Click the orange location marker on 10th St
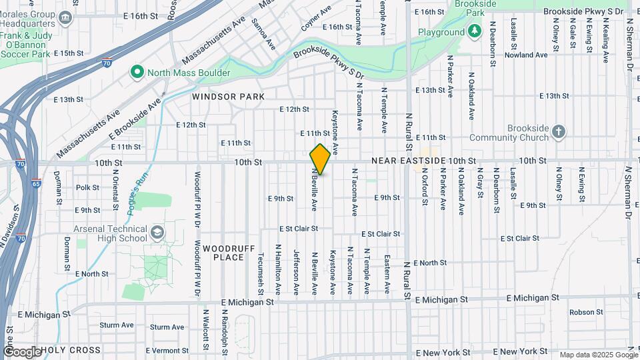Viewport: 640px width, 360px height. (x=320, y=159)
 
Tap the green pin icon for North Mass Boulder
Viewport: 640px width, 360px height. (x=137, y=72)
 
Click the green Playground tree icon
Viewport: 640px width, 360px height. (x=474, y=31)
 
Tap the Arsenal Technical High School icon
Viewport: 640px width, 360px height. (x=157, y=233)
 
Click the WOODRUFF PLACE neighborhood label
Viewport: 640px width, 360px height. (x=229, y=253)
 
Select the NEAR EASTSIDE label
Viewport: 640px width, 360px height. (x=408, y=161)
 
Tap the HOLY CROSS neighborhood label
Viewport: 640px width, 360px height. (x=71, y=350)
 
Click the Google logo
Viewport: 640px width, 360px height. (x=22, y=351)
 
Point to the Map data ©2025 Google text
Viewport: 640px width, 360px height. (x=598, y=355)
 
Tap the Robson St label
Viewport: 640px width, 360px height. (x=586, y=312)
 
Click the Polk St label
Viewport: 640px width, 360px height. (x=87, y=188)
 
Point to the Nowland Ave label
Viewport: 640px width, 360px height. (x=526, y=55)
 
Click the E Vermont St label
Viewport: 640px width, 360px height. (x=148, y=350)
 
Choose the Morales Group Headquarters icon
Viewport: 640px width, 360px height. (x=65, y=18)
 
